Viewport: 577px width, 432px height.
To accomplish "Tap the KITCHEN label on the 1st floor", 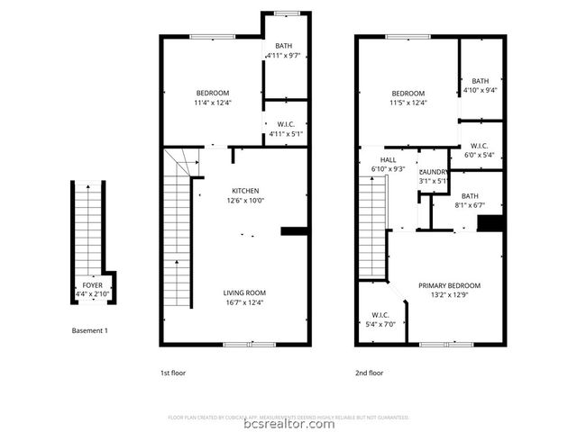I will point(245,191).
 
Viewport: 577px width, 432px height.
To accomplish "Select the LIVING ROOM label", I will point(245,292).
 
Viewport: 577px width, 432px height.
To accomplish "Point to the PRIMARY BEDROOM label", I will point(449,285).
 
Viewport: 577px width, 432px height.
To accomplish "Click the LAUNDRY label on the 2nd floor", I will point(434,172).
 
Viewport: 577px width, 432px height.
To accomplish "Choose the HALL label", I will point(388,159).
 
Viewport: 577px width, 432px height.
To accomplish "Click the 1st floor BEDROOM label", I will point(213,93).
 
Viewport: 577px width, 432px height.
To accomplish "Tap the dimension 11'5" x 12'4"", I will point(408,103).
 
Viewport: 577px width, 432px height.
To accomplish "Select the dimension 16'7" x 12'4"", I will point(245,302).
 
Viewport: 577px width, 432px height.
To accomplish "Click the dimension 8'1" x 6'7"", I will point(470,205).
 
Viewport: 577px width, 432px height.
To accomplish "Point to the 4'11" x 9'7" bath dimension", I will point(284,56).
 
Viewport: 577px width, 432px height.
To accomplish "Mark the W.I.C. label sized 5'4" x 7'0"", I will point(380,315).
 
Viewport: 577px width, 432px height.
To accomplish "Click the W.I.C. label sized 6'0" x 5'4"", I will point(480,146).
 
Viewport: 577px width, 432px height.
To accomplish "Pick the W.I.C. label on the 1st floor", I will point(286,125).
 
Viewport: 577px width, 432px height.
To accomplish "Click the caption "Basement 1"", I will point(89,330).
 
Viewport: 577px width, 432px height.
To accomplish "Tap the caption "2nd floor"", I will point(369,372).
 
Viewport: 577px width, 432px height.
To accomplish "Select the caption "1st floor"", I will point(173,372).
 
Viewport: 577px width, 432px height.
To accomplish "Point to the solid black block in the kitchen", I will point(294,231).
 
